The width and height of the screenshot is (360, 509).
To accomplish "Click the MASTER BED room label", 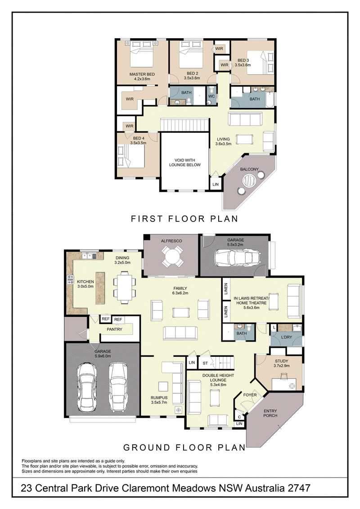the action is point(142,74).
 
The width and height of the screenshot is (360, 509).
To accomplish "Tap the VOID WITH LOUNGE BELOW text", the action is point(184,162).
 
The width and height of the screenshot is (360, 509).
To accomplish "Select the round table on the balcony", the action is point(249,181).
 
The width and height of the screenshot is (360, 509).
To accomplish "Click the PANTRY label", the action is point(115,329).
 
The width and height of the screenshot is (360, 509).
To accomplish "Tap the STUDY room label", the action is point(281,361).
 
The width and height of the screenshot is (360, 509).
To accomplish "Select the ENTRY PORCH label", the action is point(270,413).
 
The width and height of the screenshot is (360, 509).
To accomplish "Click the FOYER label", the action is point(250,395).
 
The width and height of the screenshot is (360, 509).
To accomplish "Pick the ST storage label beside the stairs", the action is point(205,363).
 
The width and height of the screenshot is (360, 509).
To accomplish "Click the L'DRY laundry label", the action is point(286,337).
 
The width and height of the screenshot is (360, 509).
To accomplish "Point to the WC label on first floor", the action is point(211,96).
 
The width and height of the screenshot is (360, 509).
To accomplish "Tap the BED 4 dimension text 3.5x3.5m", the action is point(139,143).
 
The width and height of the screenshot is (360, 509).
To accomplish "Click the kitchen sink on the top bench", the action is point(87,256).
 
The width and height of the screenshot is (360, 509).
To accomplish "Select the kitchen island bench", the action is point(100,288).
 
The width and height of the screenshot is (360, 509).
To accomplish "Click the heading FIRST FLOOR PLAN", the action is point(184,219).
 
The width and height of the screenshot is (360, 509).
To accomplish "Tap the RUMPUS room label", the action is point(159,398).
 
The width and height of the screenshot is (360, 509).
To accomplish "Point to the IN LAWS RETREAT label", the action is point(252,298).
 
